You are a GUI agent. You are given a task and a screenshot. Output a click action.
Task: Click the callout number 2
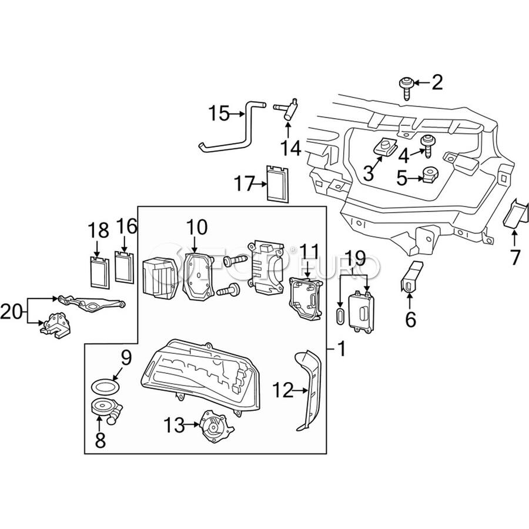437,83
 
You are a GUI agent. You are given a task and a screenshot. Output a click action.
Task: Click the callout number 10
197,227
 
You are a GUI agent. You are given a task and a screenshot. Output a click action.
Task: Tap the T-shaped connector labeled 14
287,110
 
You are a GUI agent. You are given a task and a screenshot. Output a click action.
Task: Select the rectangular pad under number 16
125,267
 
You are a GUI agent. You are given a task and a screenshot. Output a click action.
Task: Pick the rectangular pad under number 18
98,271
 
